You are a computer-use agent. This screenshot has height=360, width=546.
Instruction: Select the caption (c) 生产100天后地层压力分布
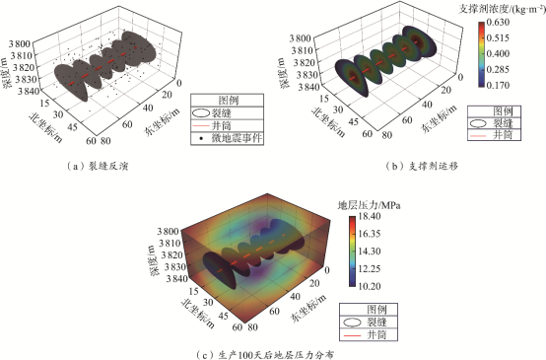[265, 355]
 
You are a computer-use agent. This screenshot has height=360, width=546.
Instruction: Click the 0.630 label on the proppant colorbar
[498, 22]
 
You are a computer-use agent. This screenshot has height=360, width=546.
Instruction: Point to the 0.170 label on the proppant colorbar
[498, 85]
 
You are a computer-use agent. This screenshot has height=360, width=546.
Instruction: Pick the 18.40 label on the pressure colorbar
[370, 216]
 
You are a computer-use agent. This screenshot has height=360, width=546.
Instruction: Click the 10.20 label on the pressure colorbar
[370, 286]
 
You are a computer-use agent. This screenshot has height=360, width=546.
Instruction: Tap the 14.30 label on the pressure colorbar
[370, 251]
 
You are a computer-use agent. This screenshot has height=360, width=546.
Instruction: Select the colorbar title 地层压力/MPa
[370, 205]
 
